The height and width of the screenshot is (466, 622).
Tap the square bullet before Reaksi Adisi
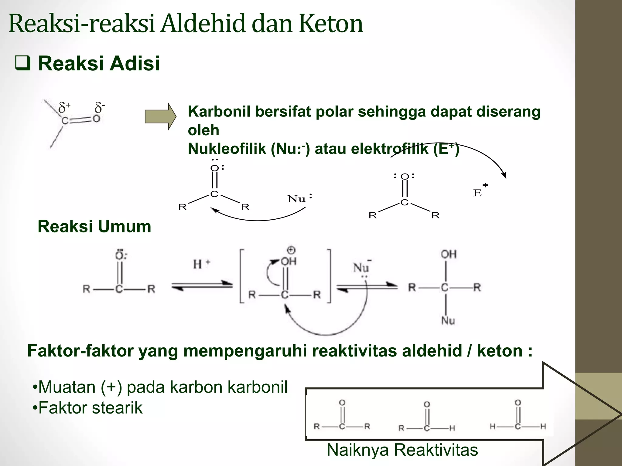tap(23, 63)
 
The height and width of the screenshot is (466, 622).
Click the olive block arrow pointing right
tap(160, 116)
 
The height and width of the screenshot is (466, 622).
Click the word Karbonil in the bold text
tap(219, 112)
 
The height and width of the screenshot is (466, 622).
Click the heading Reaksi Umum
tap(94, 226)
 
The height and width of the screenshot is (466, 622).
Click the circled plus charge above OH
tap(291, 250)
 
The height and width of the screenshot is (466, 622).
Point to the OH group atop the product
tap(449, 254)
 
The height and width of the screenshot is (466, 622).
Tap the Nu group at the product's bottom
tap(448, 320)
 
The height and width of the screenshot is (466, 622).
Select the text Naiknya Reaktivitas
tap(402, 450)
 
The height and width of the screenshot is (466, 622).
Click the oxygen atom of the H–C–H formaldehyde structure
tap(518, 403)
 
